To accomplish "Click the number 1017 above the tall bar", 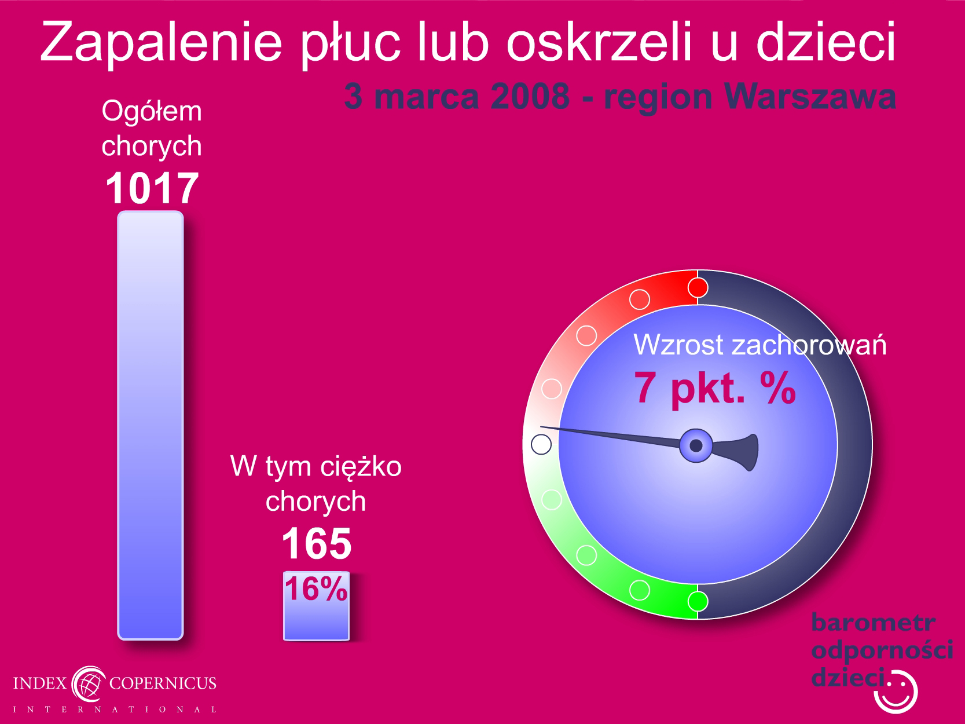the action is [152, 188].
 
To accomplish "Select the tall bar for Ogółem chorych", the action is [151, 425].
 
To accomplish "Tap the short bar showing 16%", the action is [316, 606].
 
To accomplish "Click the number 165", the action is [317, 544].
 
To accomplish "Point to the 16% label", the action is [316, 588].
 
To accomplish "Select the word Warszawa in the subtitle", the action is [810, 97].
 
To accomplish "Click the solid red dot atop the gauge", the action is [698, 288].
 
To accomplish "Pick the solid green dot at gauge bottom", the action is [698, 601].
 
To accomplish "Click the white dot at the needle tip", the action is [541, 444].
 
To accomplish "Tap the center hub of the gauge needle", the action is [696, 445].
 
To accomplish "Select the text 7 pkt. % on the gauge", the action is [715, 387].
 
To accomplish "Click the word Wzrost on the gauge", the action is [678, 345].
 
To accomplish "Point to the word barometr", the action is [873, 623].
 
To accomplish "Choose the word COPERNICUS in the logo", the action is [163, 683].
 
